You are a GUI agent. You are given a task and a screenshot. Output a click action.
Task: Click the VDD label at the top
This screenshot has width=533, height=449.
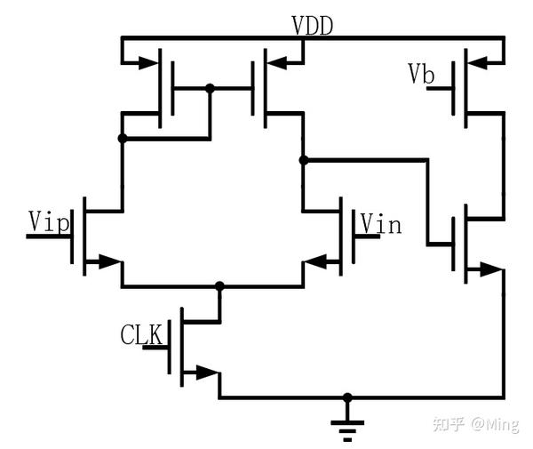pyautogui.click(x=312, y=26)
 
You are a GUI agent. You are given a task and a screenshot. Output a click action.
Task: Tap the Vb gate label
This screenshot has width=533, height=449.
pyautogui.click(x=421, y=75)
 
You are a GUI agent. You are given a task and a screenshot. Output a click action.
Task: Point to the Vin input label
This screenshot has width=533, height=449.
pyautogui.click(x=380, y=224)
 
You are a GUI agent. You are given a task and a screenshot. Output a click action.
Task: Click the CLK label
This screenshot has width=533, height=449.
pyautogui.click(x=141, y=335)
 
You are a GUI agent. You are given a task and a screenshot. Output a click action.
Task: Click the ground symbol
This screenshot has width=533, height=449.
pyautogui.click(x=347, y=429)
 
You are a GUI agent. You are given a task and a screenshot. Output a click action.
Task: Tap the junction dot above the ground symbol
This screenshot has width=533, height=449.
pyautogui.click(x=347, y=397)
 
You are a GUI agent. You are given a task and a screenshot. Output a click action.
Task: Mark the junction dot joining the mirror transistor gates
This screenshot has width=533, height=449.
pyautogui.click(x=210, y=88)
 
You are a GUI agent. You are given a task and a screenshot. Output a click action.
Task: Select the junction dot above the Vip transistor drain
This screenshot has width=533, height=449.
pyautogui.click(x=122, y=138)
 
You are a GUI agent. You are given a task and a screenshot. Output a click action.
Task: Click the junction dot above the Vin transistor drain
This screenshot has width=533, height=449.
pyautogui.click(x=304, y=160)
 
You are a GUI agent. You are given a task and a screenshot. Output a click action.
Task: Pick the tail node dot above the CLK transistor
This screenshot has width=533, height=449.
pyautogui.click(x=219, y=286)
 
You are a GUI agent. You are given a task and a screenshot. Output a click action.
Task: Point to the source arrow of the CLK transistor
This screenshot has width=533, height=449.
pyautogui.click(x=206, y=372)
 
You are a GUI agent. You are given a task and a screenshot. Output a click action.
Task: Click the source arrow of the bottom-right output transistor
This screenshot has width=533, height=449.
pyautogui.click(x=488, y=269)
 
